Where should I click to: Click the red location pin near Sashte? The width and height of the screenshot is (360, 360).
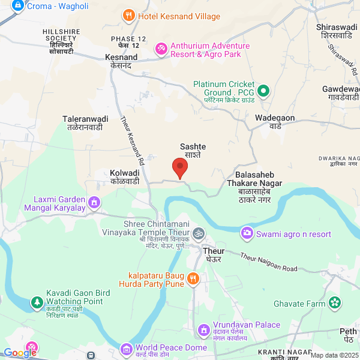point(179,167)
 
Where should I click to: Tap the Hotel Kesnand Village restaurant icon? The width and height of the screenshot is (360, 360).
point(128,15)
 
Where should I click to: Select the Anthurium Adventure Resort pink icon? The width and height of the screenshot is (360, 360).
point(161,48)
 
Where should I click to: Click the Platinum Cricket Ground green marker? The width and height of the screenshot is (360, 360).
point(262,92)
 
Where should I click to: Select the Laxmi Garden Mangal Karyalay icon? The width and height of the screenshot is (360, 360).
point(94,202)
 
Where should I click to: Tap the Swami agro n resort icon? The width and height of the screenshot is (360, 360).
point(247,233)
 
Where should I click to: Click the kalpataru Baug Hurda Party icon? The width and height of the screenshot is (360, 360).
point(193,278)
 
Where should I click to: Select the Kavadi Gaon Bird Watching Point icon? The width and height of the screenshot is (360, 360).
point(37,301)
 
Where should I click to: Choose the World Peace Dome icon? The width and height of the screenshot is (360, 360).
point(126,349)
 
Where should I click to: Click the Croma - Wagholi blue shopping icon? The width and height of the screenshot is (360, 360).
point(17,5)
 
